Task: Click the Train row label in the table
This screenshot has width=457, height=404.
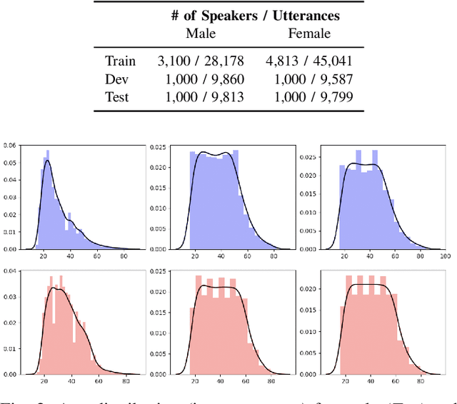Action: click(x=120, y=61)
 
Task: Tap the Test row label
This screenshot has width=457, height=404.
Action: click(x=117, y=96)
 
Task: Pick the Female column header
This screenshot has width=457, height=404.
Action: click(x=309, y=33)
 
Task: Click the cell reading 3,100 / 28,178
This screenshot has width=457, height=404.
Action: click(x=201, y=61)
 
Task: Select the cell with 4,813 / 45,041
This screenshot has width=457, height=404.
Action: click(x=309, y=61)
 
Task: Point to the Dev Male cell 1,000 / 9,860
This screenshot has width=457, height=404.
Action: click(x=201, y=79)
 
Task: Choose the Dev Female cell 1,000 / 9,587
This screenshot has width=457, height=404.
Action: click(x=309, y=79)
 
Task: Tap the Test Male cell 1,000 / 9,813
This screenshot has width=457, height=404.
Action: click(x=201, y=96)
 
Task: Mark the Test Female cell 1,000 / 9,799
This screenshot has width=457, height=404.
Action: click(x=309, y=96)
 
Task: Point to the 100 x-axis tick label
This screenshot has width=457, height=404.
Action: click(x=444, y=255)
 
